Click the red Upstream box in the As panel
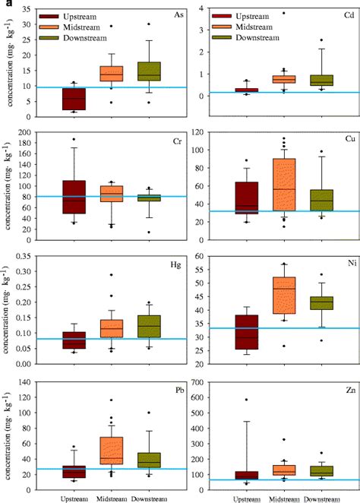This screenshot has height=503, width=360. tap(73, 100)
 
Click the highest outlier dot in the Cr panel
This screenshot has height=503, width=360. tap(73, 140)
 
